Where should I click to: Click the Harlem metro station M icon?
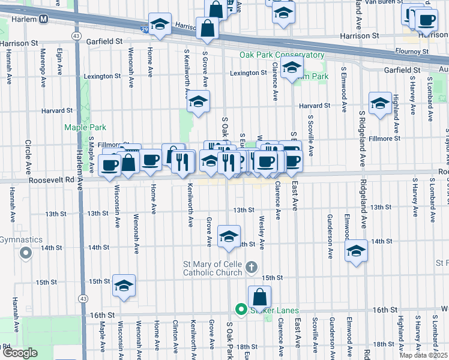(44, 19)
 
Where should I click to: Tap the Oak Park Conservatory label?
(282, 55)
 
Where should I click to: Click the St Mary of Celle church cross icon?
(252, 266)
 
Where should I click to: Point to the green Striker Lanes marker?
(241, 310)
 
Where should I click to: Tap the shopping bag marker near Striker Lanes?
(259, 296)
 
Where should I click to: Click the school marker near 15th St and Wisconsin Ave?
(124, 286)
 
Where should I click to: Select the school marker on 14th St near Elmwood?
(357, 250)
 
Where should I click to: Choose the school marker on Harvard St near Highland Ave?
(380, 103)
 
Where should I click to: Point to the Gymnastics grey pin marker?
(25, 254)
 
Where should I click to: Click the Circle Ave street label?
(28, 158)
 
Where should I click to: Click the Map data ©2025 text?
(423, 355)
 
